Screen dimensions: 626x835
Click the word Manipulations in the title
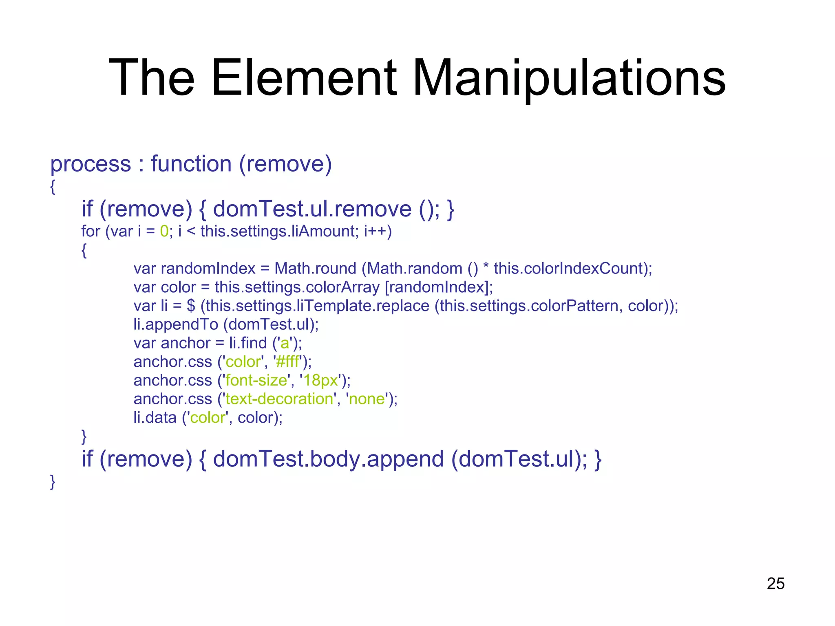(569, 78)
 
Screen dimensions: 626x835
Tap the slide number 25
(775, 584)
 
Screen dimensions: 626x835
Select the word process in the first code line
(91, 165)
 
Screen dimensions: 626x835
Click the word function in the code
(191, 164)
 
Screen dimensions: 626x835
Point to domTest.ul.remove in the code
(312, 209)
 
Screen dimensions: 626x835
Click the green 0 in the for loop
(164, 231)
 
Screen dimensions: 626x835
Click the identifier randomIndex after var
(208, 269)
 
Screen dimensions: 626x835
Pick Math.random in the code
(415, 269)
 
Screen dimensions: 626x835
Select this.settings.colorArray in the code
(297, 287)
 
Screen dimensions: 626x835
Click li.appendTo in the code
(176, 324)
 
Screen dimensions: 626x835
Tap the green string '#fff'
(288, 362)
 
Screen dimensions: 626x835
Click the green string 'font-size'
(256, 381)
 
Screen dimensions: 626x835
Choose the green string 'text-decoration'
(280, 399)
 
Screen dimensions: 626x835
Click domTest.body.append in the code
(328, 459)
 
